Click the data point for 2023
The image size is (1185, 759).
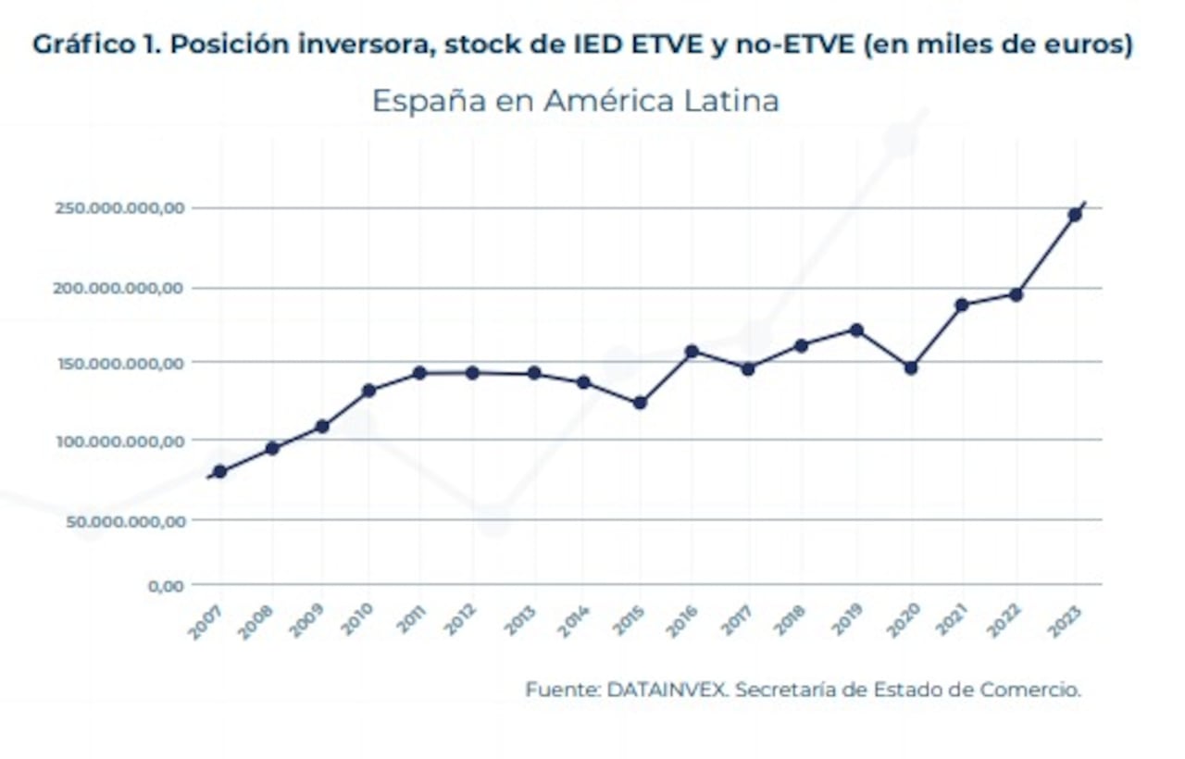coord(1075,215)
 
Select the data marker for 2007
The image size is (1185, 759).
coord(219,472)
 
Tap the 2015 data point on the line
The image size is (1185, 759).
coord(640,403)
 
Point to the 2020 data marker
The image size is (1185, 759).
coord(911,367)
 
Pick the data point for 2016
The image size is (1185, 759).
coord(692,352)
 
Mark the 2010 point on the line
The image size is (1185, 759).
coord(368,391)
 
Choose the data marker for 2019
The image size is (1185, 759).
coord(856,330)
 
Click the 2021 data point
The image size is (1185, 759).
coord(962,305)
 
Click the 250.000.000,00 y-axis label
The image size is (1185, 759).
coord(119,209)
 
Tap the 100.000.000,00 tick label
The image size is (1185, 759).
coord(119,442)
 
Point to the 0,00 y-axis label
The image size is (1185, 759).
coord(166,585)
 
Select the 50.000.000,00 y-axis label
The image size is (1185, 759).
coord(124,521)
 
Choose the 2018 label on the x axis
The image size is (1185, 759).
coord(790,620)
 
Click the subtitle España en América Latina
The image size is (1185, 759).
coord(575,101)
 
